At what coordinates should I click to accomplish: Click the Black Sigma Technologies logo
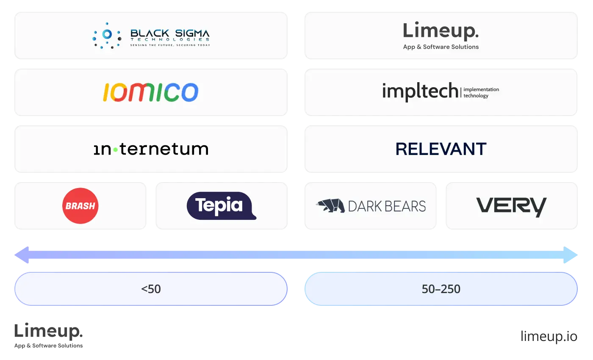coord(151,36)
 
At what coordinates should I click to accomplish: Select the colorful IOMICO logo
coord(151,92)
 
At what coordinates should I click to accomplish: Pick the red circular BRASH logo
coord(80,206)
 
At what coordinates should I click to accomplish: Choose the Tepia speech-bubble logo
coord(221,206)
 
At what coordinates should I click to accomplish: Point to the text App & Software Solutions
coord(441,47)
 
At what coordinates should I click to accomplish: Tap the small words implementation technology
coord(481,92)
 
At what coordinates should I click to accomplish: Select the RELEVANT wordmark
coord(441,149)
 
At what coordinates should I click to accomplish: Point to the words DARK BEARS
coord(387,206)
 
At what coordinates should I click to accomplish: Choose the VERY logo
coord(511,207)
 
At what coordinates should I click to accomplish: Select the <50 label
coord(151,289)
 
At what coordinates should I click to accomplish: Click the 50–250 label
coord(441,289)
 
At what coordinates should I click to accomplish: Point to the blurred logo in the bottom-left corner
coord(49,335)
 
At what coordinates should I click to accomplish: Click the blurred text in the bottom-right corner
coord(548,336)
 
